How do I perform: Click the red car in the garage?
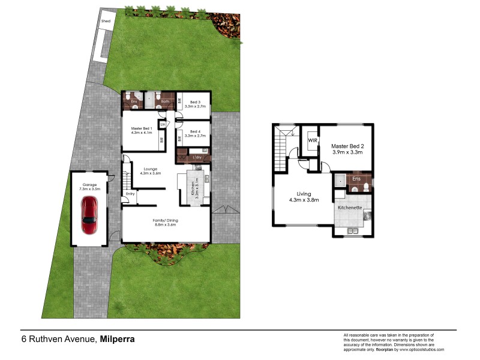point(91,215)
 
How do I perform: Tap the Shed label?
point(106,21)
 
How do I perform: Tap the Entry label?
point(131,194)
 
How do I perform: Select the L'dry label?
point(197,157)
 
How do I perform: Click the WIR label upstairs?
point(312,140)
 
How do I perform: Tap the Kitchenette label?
point(350,207)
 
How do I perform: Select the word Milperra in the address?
point(118,339)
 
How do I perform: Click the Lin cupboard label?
point(162,124)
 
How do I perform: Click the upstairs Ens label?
point(356,179)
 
